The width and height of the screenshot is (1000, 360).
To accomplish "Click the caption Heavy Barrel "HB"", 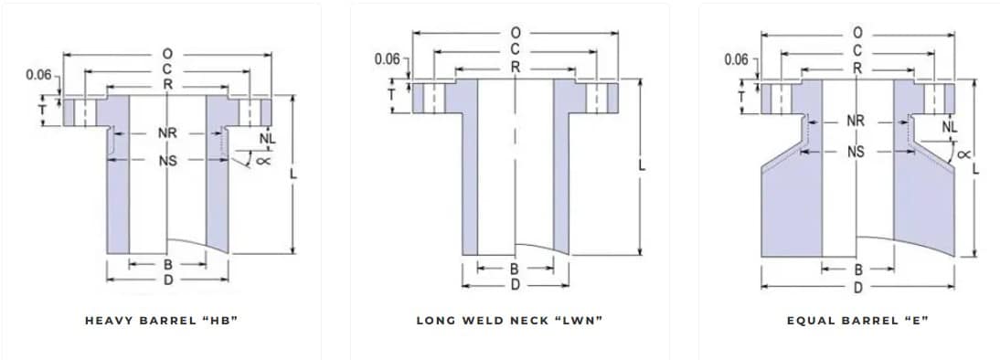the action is click(x=162, y=321).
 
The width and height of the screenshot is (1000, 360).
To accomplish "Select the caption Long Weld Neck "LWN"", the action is click(x=509, y=321).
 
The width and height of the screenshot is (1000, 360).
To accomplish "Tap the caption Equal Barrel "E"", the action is click(x=857, y=321).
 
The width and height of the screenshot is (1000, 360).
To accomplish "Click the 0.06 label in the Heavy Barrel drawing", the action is click(x=38, y=75).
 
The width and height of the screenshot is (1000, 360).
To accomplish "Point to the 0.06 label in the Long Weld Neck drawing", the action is click(x=388, y=59).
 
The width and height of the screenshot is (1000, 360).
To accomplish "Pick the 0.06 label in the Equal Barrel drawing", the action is click(x=737, y=59).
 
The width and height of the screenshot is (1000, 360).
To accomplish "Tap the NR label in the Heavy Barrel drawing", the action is click(x=167, y=133).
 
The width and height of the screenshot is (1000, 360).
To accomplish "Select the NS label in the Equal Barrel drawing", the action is click(x=856, y=152).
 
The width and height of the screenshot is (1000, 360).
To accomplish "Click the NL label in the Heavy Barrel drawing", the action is click(x=267, y=138).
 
